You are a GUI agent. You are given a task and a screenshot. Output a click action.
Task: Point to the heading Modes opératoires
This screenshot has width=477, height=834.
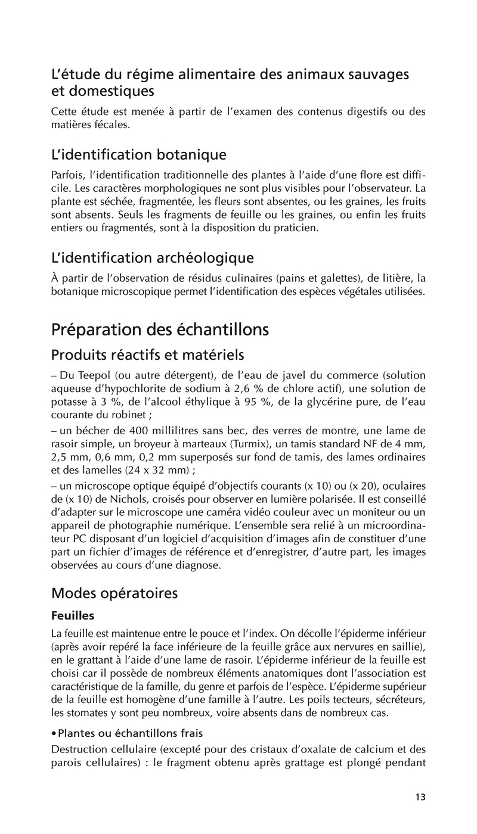114,593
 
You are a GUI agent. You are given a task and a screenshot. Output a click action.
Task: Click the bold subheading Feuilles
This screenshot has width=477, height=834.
73,614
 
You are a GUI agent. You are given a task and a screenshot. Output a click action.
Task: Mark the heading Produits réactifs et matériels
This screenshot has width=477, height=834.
148,355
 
